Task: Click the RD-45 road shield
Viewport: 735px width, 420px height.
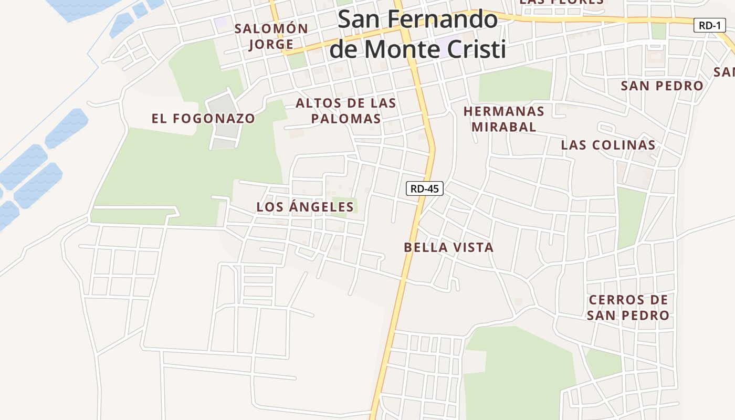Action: tap(424, 188)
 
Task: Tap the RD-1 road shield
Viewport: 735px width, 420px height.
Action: tap(710, 25)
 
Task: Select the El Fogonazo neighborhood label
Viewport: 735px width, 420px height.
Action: tap(203, 119)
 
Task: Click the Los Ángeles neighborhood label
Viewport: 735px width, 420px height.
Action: tap(305, 207)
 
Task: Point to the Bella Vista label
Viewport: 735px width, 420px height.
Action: tap(449, 247)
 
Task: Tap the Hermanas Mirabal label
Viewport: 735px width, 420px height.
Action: tap(504, 119)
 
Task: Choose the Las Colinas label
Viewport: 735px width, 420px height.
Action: tap(608, 145)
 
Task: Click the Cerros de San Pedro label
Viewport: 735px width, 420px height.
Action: tap(628, 308)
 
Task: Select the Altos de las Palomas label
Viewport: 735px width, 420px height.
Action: tap(346, 111)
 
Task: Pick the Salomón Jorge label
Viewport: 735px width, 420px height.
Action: tap(271, 36)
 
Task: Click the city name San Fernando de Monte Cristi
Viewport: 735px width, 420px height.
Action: tap(418, 34)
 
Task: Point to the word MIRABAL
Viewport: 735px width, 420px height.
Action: tap(504, 127)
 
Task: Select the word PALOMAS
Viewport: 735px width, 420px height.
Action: tap(346, 119)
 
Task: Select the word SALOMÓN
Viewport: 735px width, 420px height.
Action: tap(271, 28)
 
